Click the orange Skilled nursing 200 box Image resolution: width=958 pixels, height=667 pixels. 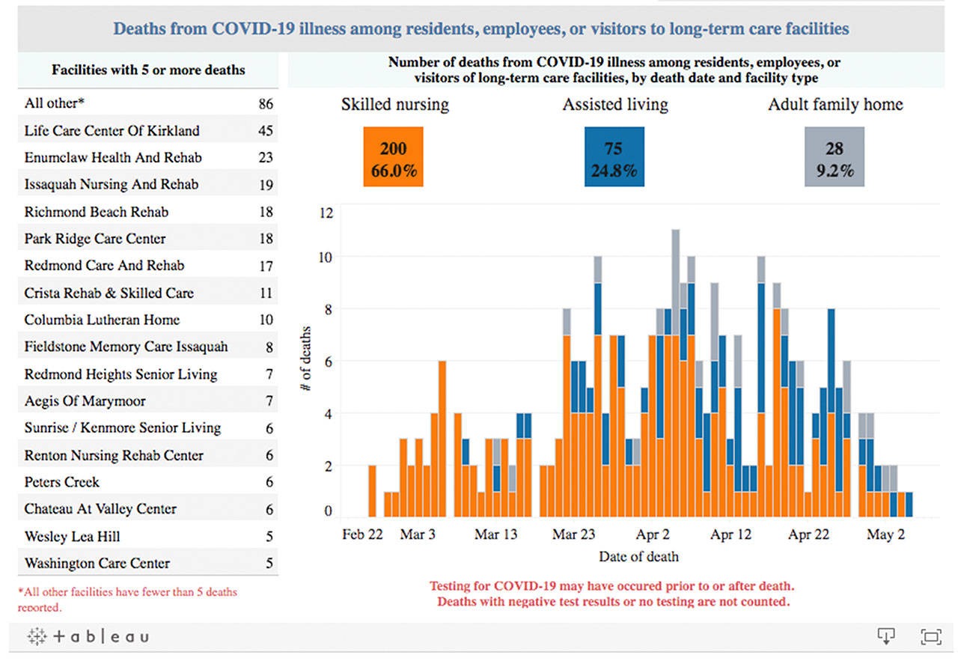pyautogui.click(x=393, y=156)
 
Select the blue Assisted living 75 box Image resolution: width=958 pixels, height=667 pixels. pyautogui.click(x=614, y=156)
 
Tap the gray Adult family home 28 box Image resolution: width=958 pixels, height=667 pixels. pyautogui.click(x=834, y=156)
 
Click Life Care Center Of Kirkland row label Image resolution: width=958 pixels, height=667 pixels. pyautogui.click(x=112, y=130)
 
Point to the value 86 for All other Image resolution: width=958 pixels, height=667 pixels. pyautogui.click(x=266, y=104)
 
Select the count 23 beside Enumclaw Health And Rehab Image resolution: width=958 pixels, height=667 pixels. pyautogui.click(x=266, y=158)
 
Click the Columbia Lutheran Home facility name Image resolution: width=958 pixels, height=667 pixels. pyautogui.click(x=102, y=320)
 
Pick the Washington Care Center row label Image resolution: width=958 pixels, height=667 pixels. pyautogui.click(x=97, y=563)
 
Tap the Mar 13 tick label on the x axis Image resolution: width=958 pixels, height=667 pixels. pyautogui.click(x=495, y=534)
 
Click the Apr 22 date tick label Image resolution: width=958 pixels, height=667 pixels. pyautogui.click(x=809, y=534)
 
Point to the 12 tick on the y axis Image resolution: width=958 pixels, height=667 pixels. pyautogui.click(x=325, y=213)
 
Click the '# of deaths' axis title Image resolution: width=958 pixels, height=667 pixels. pyautogui.click(x=305, y=359)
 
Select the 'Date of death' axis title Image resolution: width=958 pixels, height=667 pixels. pyautogui.click(x=638, y=556)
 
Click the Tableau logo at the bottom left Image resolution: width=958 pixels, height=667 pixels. pyautogui.click(x=88, y=637)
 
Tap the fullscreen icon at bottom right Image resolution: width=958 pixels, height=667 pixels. pyautogui.click(x=930, y=637)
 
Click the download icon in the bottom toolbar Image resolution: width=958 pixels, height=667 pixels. pyautogui.click(x=886, y=636)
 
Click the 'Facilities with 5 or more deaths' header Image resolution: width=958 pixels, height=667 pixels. pyautogui.click(x=148, y=70)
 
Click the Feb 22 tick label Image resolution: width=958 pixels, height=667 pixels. pyautogui.click(x=362, y=534)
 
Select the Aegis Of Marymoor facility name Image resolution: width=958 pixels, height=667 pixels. pyautogui.click(x=85, y=401)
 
